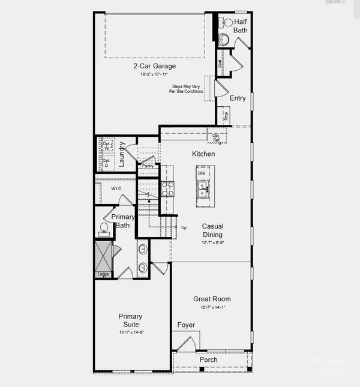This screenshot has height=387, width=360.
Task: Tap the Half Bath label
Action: (x=241, y=26)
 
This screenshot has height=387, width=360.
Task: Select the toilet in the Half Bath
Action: (x=227, y=23)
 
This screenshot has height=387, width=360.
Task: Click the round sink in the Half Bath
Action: (x=223, y=40)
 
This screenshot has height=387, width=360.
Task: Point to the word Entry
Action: (x=238, y=98)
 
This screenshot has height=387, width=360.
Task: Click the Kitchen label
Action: (x=203, y=154)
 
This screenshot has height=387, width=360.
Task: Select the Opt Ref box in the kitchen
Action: (x=215, y=137)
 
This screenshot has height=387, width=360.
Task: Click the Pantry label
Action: (x=146, y=166)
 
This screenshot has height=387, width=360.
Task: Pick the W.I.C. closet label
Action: (x=116, y=189)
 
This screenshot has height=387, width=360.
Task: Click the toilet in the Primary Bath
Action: (x=103, y=229)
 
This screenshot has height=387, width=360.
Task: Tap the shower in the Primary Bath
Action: (x=104, y=256)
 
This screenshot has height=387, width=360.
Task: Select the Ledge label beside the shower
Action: (x=103, y=275)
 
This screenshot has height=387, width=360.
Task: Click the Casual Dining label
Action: (x=212, y=230)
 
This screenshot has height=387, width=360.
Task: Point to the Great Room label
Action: (x=212, y=299)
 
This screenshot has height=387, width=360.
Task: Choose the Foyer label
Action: (x=186, y=325)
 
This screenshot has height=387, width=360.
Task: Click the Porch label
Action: (x=209, y=360)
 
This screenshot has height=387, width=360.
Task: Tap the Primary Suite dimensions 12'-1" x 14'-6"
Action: (x=130, y=332)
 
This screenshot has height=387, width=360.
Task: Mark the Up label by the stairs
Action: (x=184, y=228)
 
